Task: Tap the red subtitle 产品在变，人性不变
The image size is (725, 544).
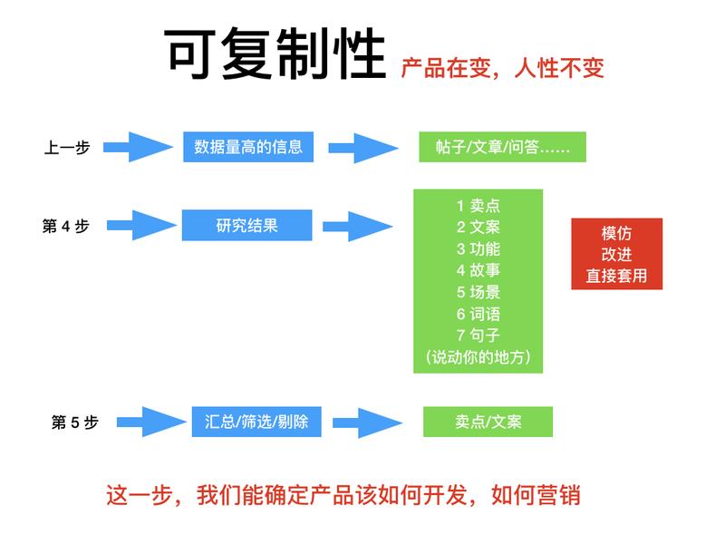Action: click(502, 68)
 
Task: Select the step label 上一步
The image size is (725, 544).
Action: click(67, 147)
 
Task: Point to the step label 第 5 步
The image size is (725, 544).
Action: click(74, 422)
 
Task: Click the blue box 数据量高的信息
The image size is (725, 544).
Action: click(248, 146)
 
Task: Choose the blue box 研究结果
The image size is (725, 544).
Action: click(246, 226)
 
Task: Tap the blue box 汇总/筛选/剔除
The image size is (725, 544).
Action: click(256, 422)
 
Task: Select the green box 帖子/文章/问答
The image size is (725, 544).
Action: click(502, 147)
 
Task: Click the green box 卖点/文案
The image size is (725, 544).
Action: click(488, 422)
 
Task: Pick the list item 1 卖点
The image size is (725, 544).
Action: click(478, 205)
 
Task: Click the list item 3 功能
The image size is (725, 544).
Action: click(478, 248)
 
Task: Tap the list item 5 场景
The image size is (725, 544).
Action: click(478, 292)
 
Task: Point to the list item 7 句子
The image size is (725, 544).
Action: click(478, 335)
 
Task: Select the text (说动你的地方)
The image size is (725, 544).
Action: click(478, 357)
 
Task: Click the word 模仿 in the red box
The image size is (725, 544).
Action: click(616, 233)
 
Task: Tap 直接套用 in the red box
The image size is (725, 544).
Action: click(616, 277)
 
